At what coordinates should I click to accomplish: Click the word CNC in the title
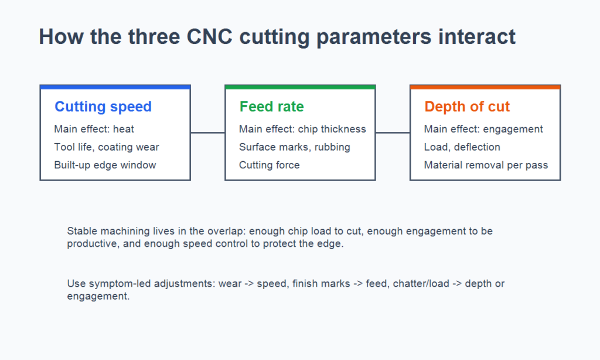209,37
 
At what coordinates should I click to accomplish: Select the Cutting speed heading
103,107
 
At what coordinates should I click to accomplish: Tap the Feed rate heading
271,107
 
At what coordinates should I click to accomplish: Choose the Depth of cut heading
467,107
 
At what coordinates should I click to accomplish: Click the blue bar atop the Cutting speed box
115,87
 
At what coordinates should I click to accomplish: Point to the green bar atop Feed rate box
301,87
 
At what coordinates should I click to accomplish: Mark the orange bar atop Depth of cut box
485,87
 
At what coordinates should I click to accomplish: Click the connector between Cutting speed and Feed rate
208,133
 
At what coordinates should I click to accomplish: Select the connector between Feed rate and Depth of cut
393,133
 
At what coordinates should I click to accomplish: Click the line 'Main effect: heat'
94,129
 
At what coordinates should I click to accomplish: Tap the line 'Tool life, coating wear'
107,147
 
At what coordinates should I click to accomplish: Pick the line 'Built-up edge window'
105,165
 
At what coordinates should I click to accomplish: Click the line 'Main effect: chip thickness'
302,129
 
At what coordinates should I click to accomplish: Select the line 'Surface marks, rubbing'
295,147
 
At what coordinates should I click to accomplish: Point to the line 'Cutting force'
270,165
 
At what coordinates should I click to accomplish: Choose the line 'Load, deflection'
462,147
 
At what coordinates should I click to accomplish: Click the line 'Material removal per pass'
486,165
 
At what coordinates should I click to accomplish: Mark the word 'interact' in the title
477,37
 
